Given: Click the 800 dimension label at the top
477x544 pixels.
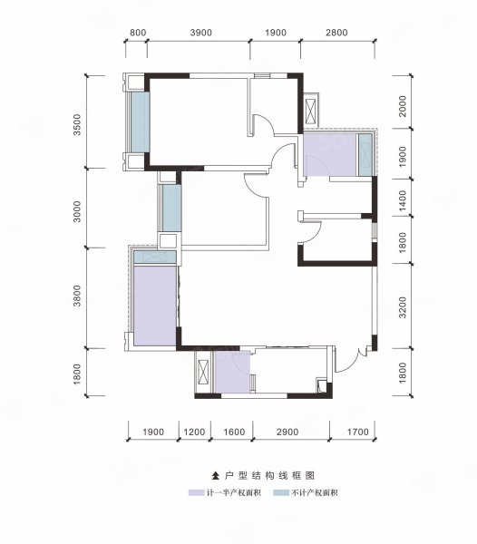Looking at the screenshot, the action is click(x=138, y=33).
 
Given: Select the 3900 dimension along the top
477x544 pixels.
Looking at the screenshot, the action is click(x=200, y=33).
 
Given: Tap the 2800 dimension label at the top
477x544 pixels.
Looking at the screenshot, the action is click(x=336, y=33).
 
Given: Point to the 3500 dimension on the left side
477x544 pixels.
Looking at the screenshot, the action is click(x=77, y=124).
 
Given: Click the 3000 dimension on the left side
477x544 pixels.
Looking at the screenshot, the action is click(x=77, y=211).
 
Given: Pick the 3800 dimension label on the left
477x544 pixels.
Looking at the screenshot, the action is click(x=77, y=296).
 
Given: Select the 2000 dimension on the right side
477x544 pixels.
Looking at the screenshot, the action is click(x=403, y=106).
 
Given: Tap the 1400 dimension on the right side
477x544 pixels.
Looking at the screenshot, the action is click(x=403, y=200).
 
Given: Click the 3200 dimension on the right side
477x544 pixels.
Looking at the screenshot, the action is click(x=403, y=307).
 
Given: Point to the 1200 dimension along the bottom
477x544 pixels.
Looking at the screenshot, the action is click(x=194, y=432).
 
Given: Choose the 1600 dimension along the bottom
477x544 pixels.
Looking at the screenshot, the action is click(x=234, y=432).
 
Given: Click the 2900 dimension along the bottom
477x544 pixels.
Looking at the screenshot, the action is click(x=287, y=432).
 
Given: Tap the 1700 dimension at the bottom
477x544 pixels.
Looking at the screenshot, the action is click(x=357, y=432).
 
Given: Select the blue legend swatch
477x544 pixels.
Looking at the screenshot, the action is click(x=281, y=492).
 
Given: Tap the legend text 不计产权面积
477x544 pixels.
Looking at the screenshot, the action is click(x=315, y=492).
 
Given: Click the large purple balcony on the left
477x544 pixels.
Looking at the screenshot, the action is click(x=155, y=306).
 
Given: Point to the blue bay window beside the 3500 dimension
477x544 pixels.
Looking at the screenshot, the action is click(x=141, y=122).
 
